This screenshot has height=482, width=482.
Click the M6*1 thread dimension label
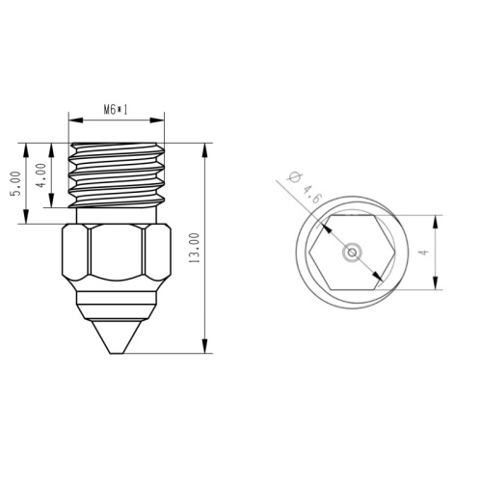116,110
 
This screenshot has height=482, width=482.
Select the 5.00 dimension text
15,183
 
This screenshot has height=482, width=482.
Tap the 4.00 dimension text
41,175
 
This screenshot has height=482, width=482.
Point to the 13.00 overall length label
195,248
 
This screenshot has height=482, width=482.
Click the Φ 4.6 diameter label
304,188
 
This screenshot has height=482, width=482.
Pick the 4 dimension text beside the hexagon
424,253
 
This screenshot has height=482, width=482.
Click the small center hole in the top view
352,253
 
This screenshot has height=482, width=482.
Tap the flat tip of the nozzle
117,353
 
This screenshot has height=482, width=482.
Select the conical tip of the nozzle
117,336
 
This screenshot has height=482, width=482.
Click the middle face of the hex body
117,252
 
